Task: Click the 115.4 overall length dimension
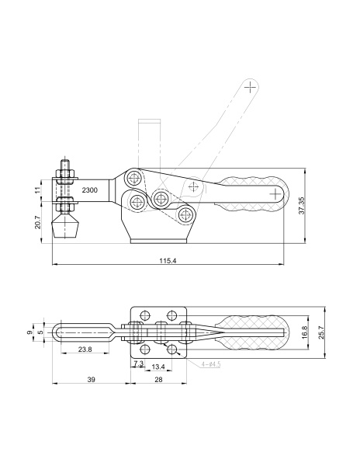(x=168, y=261)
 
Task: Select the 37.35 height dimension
(x=302, y=206)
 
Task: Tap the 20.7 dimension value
(x=38, y=222)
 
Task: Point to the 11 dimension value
(x=38, y=190)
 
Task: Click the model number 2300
(x=90, y=190)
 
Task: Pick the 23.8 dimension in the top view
(x=85, y=349)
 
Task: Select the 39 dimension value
(x=92, y=380)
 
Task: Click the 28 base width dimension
(x=159, y=380)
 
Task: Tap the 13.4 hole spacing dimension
(x=158, y=367)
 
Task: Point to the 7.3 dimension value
(x=139, y=363)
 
